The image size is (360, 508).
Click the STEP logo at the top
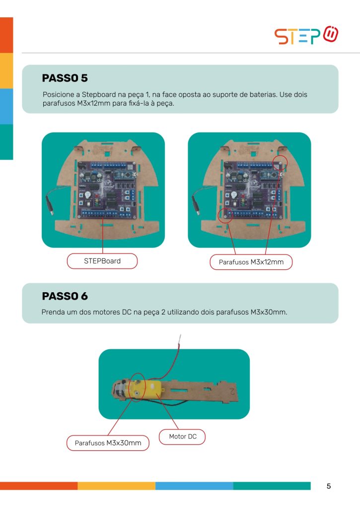click(306, 35)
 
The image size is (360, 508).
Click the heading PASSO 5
click(65, 78)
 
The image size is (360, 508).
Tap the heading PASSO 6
click(65, 296)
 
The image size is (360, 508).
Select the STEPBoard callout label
click(102, 261)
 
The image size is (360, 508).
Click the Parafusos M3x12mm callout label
click(251, 262)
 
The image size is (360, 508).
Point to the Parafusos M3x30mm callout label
click(108, 443)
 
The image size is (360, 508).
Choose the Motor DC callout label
click(182, 437)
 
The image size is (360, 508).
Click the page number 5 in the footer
click(329, 486)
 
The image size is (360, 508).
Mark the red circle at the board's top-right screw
click(280, 163)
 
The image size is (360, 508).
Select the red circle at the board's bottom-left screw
click(225, 215)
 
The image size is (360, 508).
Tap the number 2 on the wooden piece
click(232, 391)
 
